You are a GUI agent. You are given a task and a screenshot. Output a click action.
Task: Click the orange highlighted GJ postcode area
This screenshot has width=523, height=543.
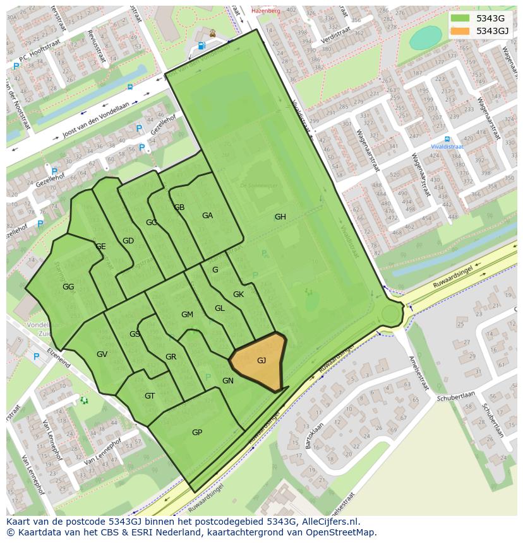pyautogui.click(x=260, y=361)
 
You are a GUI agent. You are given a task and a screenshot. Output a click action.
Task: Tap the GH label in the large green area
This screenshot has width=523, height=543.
pyautogui.click(x=280, y=217)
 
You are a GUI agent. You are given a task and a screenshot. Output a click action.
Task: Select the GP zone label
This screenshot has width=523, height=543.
pyautogui.click(x=197, y=433)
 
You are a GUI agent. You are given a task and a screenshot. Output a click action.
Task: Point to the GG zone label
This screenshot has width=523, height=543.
pyautogui.click(x=68, y=287)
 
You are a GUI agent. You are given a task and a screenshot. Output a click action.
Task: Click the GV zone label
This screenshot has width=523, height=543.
pyautogui.click(x=102, y=354)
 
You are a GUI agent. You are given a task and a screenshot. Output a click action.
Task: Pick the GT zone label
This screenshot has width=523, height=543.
pyautogui.click(x=150, y=396)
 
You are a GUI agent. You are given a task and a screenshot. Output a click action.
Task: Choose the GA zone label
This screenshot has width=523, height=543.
pyautogui.click(x=207, y=216)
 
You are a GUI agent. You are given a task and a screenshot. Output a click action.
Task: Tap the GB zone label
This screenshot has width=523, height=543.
pyautogui.click(x=179, y=207)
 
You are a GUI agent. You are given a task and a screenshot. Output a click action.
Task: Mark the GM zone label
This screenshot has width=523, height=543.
pyautogui.click(x=187, y=315)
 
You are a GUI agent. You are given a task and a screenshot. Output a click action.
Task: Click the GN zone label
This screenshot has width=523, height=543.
pyautogui.click(x=228, y=381)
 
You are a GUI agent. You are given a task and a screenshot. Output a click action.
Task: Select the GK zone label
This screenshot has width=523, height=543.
pyautogui.click(x=238, y=295)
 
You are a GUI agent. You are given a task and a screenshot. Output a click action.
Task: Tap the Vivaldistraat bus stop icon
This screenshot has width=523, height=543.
pyautogui.click(x=447, y=139)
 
